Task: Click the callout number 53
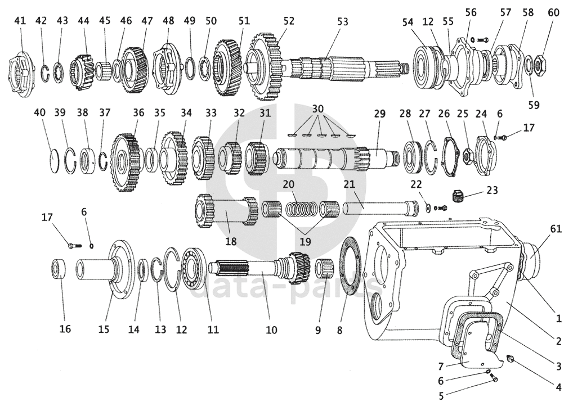343,21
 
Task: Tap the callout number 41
20,20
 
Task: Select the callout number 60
554,12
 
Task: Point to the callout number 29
380,114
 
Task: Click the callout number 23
493,190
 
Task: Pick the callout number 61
556,229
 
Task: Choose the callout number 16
65,329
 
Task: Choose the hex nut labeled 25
467,156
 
